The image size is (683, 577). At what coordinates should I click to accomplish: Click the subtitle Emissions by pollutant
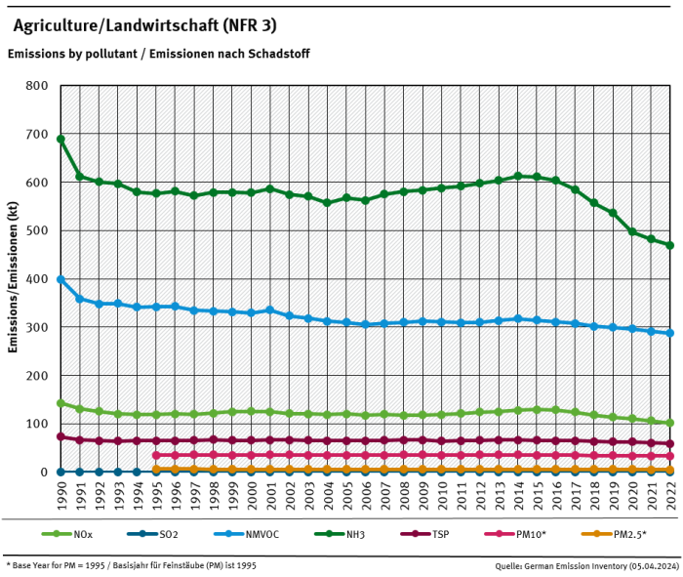click(x=158, y=55)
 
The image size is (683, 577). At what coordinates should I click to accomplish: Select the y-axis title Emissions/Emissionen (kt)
click(x=16, y=279)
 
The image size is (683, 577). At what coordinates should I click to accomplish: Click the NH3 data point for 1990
click(x=60, y=139)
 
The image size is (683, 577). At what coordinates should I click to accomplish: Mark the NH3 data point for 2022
click(x=670, y=245)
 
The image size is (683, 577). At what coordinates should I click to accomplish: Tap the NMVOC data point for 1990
click(x=60, y=279)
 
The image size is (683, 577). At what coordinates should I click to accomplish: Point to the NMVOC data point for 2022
click(x=670, y=333)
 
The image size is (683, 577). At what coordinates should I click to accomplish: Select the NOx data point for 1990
click(x=60, y=403)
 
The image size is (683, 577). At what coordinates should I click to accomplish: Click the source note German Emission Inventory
click(x=586, y=565)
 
